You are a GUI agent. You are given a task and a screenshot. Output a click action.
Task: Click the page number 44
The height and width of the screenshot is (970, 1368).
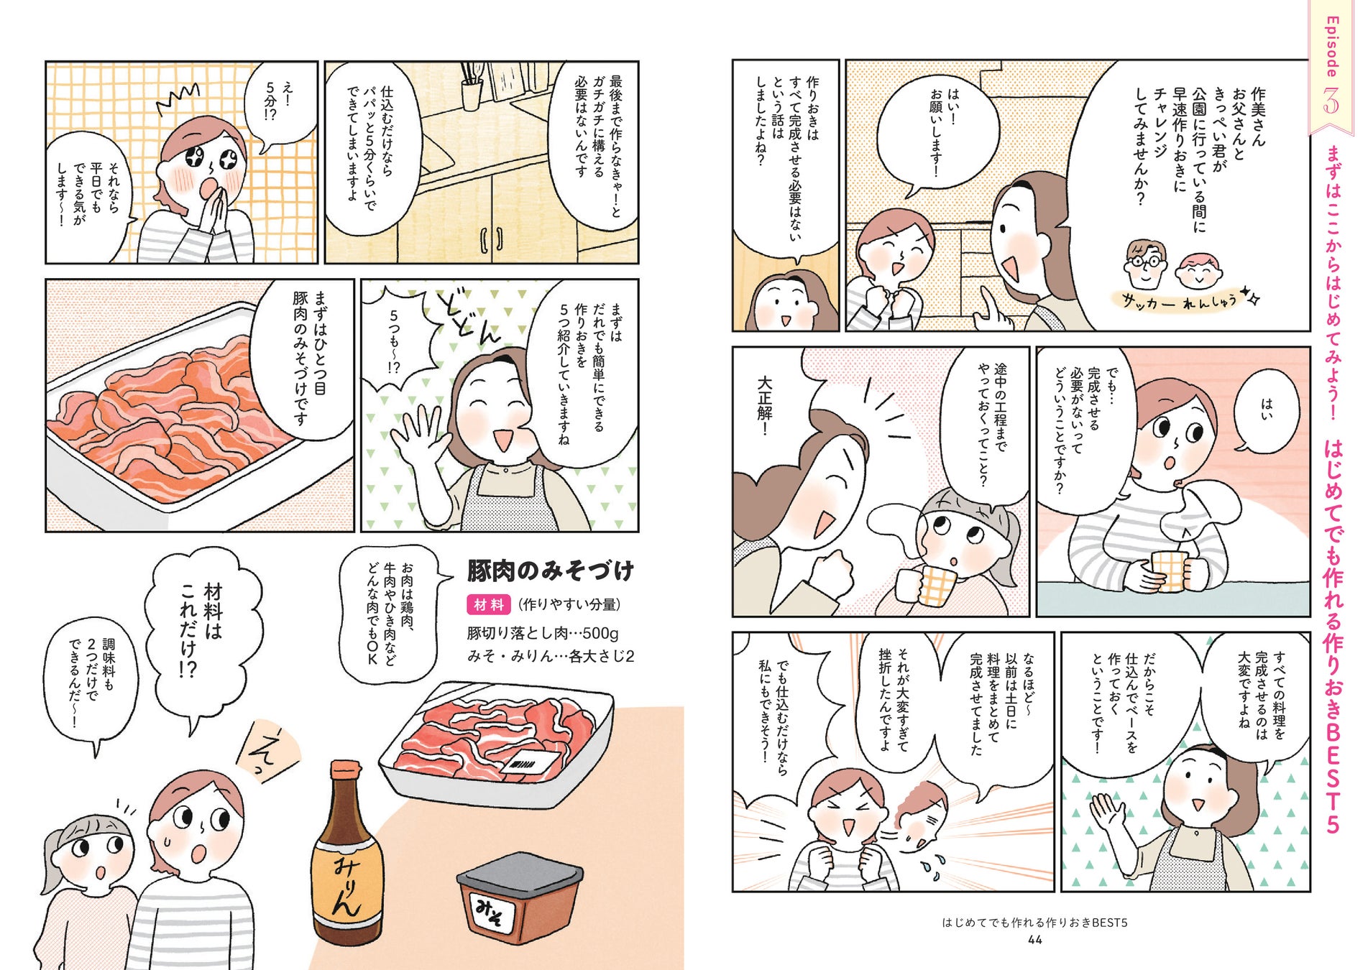[1034, 940]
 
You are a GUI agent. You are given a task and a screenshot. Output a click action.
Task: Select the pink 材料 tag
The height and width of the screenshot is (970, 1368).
[489, 604]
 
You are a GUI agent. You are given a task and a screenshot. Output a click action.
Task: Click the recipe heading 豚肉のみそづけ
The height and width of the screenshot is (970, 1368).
[551, 571]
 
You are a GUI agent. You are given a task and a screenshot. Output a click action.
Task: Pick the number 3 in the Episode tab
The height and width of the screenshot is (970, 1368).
[1331, 101]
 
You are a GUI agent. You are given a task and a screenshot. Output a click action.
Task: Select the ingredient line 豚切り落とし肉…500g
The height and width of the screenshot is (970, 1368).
[543, 633]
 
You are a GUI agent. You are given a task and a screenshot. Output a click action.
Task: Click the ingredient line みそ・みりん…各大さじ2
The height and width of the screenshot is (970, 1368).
[551, 656]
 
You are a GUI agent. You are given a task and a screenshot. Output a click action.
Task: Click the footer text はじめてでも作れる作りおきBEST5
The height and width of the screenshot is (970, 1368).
[1034, 922]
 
